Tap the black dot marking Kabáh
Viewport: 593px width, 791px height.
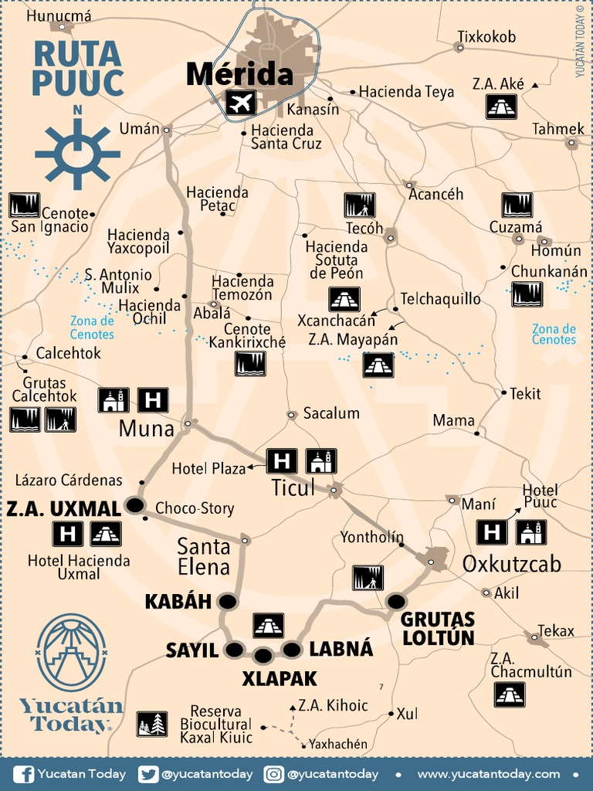pos(227,601)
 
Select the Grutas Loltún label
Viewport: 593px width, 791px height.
pos(437,628)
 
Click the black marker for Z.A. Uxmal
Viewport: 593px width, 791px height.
pos(136,506)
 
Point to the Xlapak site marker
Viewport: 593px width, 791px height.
pos(263,656)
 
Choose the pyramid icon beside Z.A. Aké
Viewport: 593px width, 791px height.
pos(501,107)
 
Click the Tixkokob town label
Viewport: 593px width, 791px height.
pos(486,37)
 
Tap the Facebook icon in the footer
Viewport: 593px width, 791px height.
pos(23,774)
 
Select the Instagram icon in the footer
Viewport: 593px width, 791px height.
pos(273,774)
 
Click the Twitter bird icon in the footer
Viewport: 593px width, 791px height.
pos(148,774)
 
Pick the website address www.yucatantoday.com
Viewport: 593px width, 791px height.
pos(488,774)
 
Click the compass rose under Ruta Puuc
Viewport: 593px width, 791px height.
pos(77,153)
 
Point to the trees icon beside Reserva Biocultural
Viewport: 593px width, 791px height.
pos(152,724)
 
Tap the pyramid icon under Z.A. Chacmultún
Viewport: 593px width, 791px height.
pos(510,694)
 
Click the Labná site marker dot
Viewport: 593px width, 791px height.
pos(292,650)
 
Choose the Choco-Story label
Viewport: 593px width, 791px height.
pos(195,508)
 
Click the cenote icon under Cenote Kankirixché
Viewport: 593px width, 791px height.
pos(250,364)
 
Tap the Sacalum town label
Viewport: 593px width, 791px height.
pos(331,413)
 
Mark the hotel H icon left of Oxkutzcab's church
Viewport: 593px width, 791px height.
pos(491,532)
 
